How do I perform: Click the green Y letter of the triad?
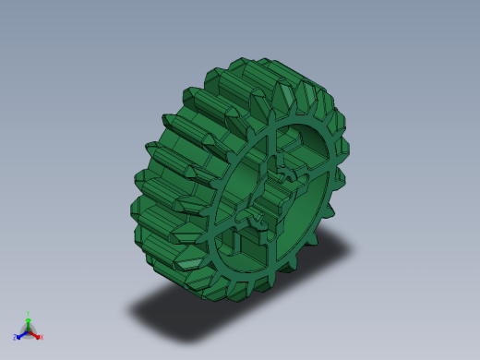29,315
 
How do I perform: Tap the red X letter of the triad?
42,337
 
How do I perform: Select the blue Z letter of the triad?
15,338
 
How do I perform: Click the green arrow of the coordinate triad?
29,322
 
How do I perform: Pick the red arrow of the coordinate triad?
35,334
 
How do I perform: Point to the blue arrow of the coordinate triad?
21,334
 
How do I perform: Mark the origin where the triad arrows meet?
29,330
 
